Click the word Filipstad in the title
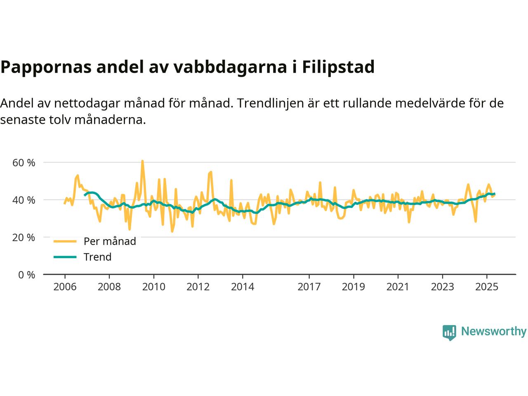338,67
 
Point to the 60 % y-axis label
24,163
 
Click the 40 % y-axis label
24,200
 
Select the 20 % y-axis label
24,238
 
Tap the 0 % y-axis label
26,275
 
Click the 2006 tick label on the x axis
65,286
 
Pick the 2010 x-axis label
153,286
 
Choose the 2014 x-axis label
242,286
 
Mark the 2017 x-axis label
309,286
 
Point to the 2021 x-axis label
398,286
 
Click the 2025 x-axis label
487,286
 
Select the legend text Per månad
110,241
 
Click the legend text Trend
97,257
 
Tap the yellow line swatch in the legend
65,241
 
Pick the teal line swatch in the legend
65,257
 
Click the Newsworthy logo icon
449,332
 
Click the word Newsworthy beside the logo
493,332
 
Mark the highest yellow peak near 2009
142,161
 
